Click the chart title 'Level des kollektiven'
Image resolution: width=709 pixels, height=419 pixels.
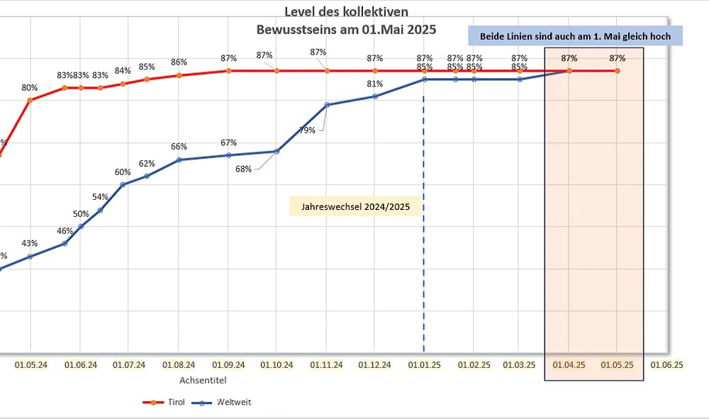[346, 11]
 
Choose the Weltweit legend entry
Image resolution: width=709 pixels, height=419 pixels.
[223, 402]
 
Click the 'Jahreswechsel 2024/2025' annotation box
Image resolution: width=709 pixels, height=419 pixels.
[355, 206]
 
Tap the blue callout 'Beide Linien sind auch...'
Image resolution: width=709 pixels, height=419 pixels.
[575, 35]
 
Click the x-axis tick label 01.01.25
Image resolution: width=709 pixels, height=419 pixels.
[424, 365]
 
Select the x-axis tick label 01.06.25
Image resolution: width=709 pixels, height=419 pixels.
[666, 365]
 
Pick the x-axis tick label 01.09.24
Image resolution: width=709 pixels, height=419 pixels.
[228, 365]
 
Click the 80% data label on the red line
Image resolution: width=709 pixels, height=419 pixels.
[30, 88]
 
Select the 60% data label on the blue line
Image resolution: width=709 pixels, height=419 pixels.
[123, 172]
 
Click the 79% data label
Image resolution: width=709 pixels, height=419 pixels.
[307, 130]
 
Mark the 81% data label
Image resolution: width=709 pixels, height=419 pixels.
[375, 84]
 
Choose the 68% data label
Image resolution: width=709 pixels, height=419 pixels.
[243, 169]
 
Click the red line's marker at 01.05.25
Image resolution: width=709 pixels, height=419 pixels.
[618, 71]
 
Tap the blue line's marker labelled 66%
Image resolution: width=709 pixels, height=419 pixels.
[179, 160]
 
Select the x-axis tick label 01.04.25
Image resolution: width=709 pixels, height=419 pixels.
[569, 365]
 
